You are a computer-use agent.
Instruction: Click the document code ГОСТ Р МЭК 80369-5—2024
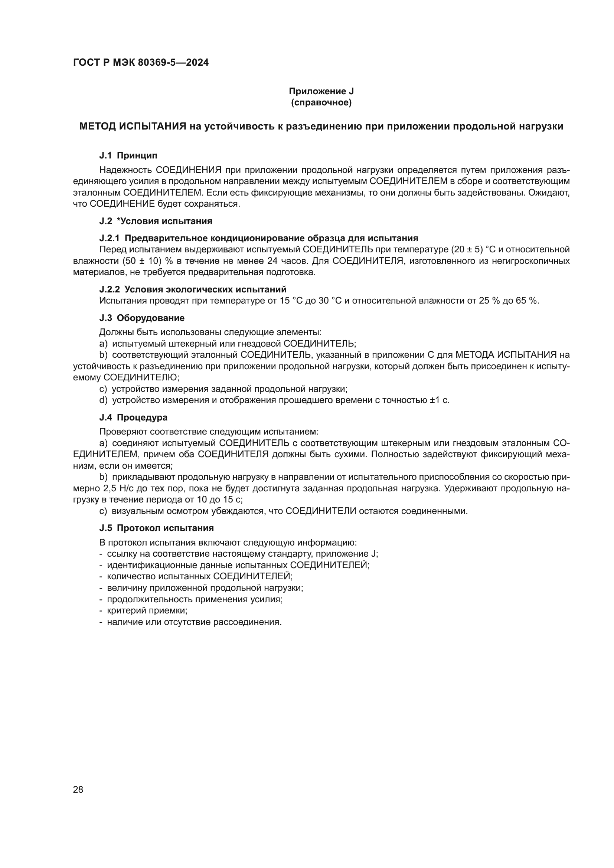coord(141,63)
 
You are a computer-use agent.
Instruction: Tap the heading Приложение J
coord(321,91)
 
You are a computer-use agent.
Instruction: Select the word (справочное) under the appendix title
coord(321,102)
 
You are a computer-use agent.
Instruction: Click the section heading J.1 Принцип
coord(128,155)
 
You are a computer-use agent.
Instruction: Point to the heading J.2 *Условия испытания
coord(156,221)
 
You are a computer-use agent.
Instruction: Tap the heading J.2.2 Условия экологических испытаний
coord(193,289)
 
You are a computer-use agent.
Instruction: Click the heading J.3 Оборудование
coord(142,318)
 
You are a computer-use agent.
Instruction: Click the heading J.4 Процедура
coord(133,417)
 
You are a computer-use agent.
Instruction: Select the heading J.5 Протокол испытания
coord(157,528)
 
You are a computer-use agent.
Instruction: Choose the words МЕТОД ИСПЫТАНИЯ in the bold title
coord(133,126)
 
